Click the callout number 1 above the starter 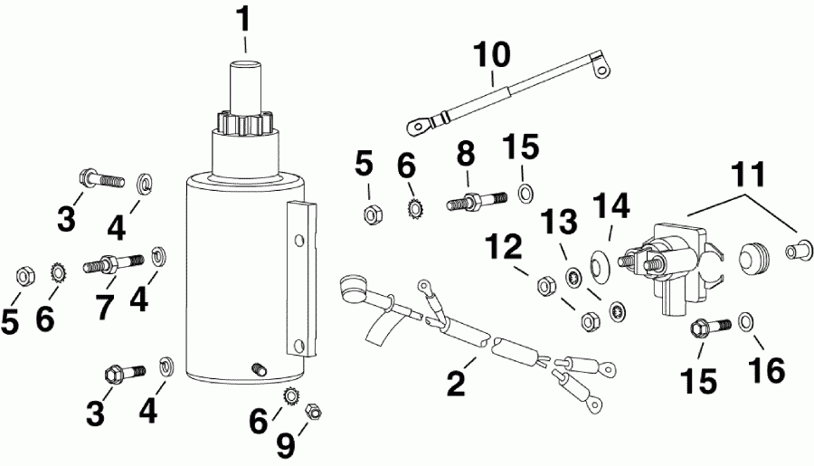(x=242, y=20)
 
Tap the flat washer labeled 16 (x=746, y=320)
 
